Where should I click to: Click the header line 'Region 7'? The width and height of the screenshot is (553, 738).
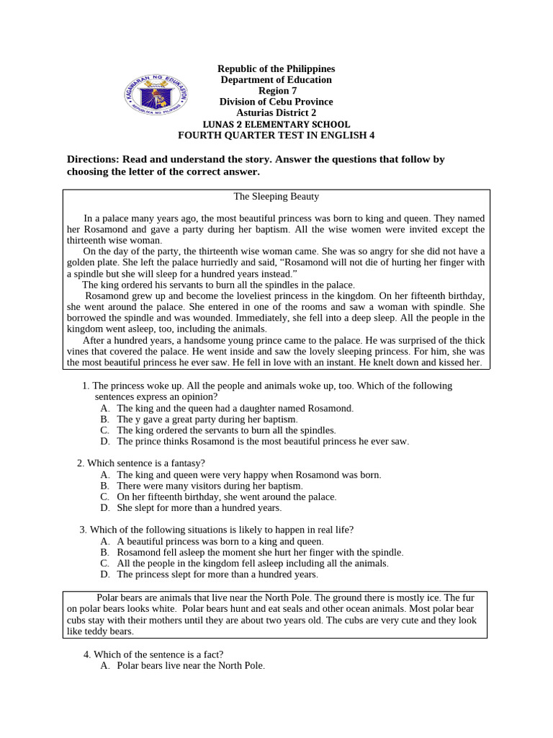click(x=276, y=91)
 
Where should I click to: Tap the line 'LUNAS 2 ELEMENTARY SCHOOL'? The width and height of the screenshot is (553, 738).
click(x=276, y=124)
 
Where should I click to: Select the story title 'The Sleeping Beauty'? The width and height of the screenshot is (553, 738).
click(x=276, y=196)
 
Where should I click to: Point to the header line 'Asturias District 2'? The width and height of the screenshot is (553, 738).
click(x=276, y=113)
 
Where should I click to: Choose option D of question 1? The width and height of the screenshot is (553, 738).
click(x=263, y=441)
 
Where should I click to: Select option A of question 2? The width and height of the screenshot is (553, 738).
click(x=248, y=475)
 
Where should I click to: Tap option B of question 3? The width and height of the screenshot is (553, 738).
click(x=260, y=552)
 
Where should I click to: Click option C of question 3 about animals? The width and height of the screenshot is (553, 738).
click(x=252, y=563)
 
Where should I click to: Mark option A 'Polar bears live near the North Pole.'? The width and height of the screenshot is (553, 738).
click(x=191, y=666)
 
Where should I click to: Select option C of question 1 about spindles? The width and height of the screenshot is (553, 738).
click(x=226, y=430)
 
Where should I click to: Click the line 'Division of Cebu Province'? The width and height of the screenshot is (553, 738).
click(x=276, y=102)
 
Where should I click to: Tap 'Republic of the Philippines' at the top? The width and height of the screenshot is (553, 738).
click(x=276, y=69)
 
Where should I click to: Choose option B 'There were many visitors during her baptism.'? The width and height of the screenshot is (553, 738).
click(x=210, y=486)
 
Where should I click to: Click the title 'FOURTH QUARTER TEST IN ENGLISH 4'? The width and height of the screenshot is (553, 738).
click(x=276, y=135)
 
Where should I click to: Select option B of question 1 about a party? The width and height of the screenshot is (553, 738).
click(x=207, y=419)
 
